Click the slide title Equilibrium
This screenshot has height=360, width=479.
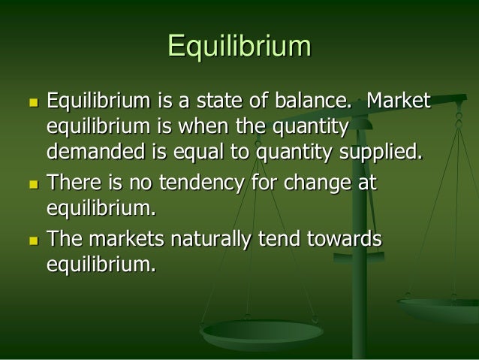point(239,46)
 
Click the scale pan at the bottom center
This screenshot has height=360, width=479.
point(262,331)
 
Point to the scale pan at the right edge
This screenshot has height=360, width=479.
point(443,308)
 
